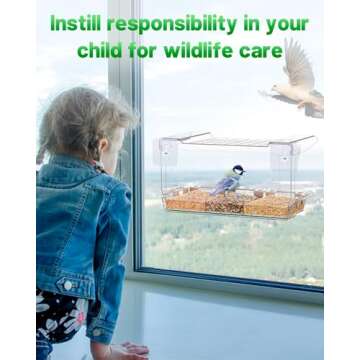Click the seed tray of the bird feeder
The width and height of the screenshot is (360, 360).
pos(232,204)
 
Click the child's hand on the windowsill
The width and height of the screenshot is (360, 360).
pos(130,349)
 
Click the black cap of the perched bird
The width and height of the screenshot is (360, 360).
pos(239,169)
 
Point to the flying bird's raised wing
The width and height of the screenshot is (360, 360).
pos(296,62)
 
